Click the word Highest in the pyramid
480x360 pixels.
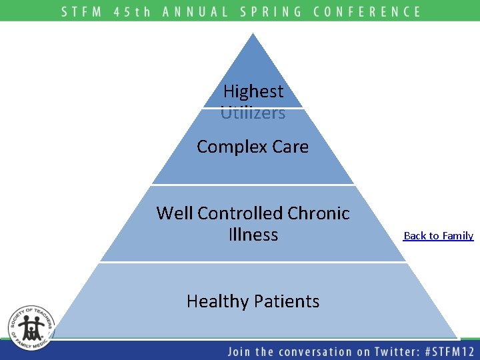(x=253, y=91)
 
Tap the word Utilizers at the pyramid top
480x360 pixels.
(x=253, y=113)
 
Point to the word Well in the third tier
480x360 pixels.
(x=175, y=213)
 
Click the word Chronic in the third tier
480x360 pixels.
(x=319, y=213)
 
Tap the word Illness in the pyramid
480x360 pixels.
(x=253, y=235)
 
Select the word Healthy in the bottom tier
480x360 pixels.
(x=217, y=301)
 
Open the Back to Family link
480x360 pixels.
(x=439, y=235)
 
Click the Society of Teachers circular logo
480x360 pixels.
(x=28, y=327)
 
